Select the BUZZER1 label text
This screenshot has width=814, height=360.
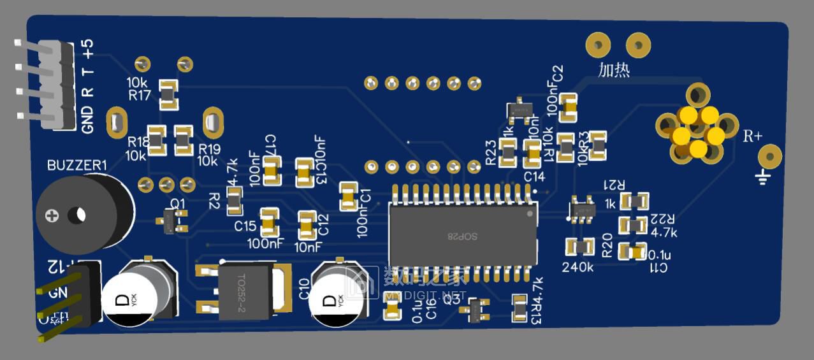point(77,166)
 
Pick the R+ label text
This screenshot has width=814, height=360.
point(753,136)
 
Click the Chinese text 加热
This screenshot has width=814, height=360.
point(614,69)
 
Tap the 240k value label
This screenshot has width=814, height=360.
point(578,267)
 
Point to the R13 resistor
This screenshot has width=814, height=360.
point(520,307)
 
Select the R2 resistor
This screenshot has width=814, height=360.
point(235,200)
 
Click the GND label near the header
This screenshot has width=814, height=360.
point(88,119)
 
